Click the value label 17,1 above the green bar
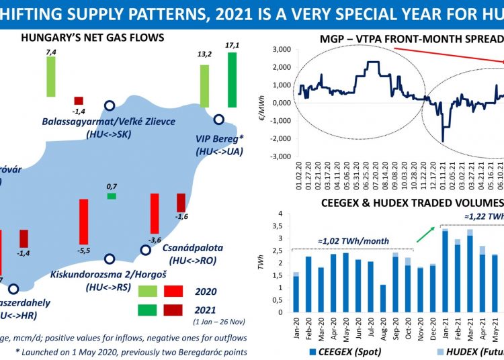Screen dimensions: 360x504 (x=232, y=44)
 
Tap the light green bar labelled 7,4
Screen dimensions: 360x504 (x=50, y=77)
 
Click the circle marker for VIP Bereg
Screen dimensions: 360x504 (x=218, y=119)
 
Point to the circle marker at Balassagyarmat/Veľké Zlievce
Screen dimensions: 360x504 (x=110, y=105)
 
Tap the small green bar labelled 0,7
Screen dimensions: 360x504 (x=112, y=195)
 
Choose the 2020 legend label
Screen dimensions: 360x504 (x=205, y=291)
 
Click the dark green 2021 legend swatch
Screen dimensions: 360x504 (x=146, y=309)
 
